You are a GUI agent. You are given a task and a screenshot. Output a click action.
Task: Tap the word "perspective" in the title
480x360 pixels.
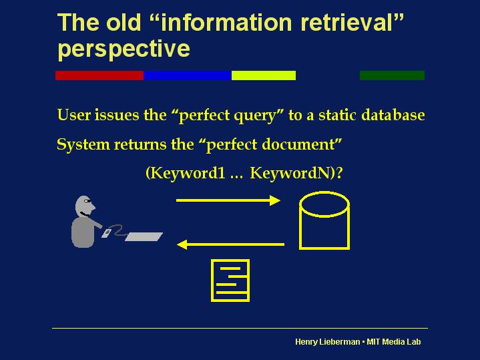124,49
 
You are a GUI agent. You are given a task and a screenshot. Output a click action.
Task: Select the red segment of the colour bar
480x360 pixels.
99,75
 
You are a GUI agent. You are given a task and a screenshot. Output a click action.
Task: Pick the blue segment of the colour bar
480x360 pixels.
188,75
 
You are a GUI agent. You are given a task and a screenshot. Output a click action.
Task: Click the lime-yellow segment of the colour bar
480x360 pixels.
264,75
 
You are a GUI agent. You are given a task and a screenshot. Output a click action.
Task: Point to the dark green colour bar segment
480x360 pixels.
392,75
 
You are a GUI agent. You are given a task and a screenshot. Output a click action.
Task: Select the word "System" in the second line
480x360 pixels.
83,145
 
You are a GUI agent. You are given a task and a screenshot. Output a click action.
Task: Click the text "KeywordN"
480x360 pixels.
291,173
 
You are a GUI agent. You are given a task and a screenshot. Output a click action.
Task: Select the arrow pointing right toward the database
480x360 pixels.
228,200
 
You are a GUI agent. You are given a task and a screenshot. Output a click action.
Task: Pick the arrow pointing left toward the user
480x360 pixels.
230,244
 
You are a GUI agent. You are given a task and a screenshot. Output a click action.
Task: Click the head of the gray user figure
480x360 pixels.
85,206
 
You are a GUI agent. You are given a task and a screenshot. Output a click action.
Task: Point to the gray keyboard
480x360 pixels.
144,236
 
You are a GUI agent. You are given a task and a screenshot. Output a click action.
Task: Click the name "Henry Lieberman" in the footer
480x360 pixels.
328,342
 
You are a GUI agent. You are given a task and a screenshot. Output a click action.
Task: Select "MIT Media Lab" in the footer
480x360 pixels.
394,342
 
